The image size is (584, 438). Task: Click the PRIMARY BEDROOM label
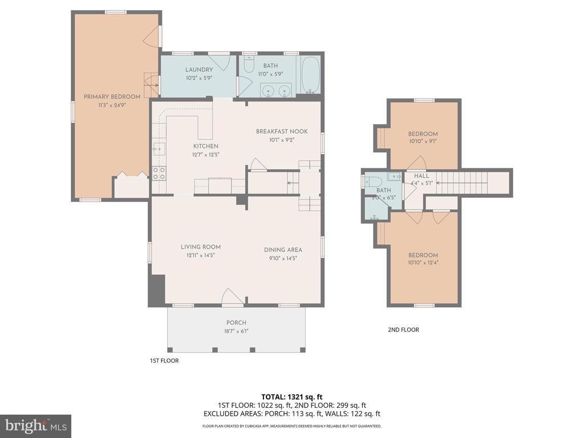click(112, 96)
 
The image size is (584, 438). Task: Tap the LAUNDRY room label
click(199, 70)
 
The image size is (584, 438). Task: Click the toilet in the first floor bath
click(249, 64)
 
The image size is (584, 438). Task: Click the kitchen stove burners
click(159, 173)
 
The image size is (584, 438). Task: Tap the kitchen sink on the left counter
click(159, 149)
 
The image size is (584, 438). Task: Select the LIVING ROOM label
click(201, 247)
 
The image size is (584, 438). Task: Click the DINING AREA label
click(283, 250)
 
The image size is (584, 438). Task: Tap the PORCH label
click(236, 323)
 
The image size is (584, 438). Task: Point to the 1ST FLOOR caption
click(164, 360)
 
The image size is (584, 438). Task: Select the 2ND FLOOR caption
click(403, 330)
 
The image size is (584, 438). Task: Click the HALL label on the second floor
click(421, 176)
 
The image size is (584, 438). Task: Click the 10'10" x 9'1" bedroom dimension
click(423, 141)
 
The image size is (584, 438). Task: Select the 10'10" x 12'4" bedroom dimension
click(423, 263)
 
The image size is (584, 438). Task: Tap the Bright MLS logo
click(35, 425)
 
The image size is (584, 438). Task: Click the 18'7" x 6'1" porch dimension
click(236, 331)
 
